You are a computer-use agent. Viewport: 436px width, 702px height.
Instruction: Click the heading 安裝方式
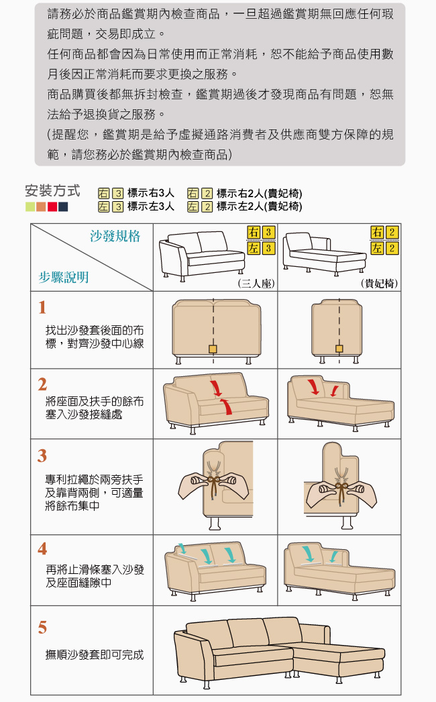point(52,190)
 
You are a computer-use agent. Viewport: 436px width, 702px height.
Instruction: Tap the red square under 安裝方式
point(52,207)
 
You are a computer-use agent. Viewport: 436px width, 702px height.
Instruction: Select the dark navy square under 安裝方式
point(63,207)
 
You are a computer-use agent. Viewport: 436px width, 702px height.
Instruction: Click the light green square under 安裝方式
point(30,207)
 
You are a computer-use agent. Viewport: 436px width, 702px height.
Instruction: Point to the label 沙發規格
point(115,236)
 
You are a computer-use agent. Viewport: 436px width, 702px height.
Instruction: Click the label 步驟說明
point(64,278)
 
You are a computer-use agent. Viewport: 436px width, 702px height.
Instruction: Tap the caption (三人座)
point(256,284)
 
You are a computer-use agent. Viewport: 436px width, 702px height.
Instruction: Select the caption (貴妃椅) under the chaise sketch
point(379,284)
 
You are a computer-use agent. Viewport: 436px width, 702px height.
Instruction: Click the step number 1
point(42,308)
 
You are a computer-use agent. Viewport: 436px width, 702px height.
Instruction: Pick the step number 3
point(42,456)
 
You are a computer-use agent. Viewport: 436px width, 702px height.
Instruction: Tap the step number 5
point(42,628)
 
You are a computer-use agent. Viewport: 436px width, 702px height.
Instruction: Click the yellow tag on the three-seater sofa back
point(213,349)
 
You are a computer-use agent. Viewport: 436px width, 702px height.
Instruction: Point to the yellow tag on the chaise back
point(339,349)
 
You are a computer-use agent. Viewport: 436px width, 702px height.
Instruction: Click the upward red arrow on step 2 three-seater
point(227,406)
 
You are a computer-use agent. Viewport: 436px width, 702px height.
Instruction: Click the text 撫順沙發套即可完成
point(95,655)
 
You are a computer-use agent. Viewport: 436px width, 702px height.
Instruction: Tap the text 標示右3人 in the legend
point(150,193)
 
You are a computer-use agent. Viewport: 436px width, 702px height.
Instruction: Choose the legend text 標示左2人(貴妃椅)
point(260,207)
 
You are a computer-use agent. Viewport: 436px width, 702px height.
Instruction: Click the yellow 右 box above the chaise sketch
point(377,233)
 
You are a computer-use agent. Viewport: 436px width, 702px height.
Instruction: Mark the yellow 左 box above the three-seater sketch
point(254,248)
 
